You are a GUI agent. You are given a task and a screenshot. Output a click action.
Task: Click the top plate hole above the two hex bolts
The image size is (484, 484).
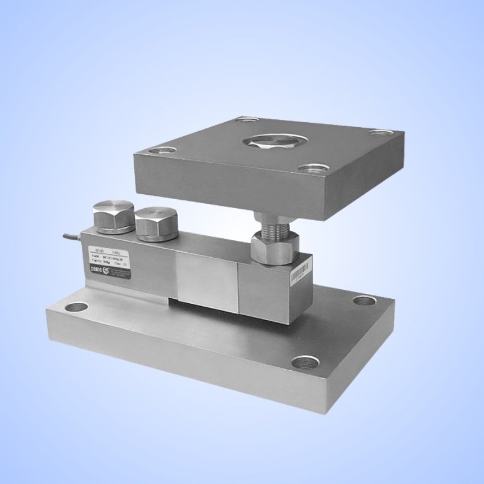click(x=160, y=149)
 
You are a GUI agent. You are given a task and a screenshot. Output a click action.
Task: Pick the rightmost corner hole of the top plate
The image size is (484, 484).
click(x=380, y=132)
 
